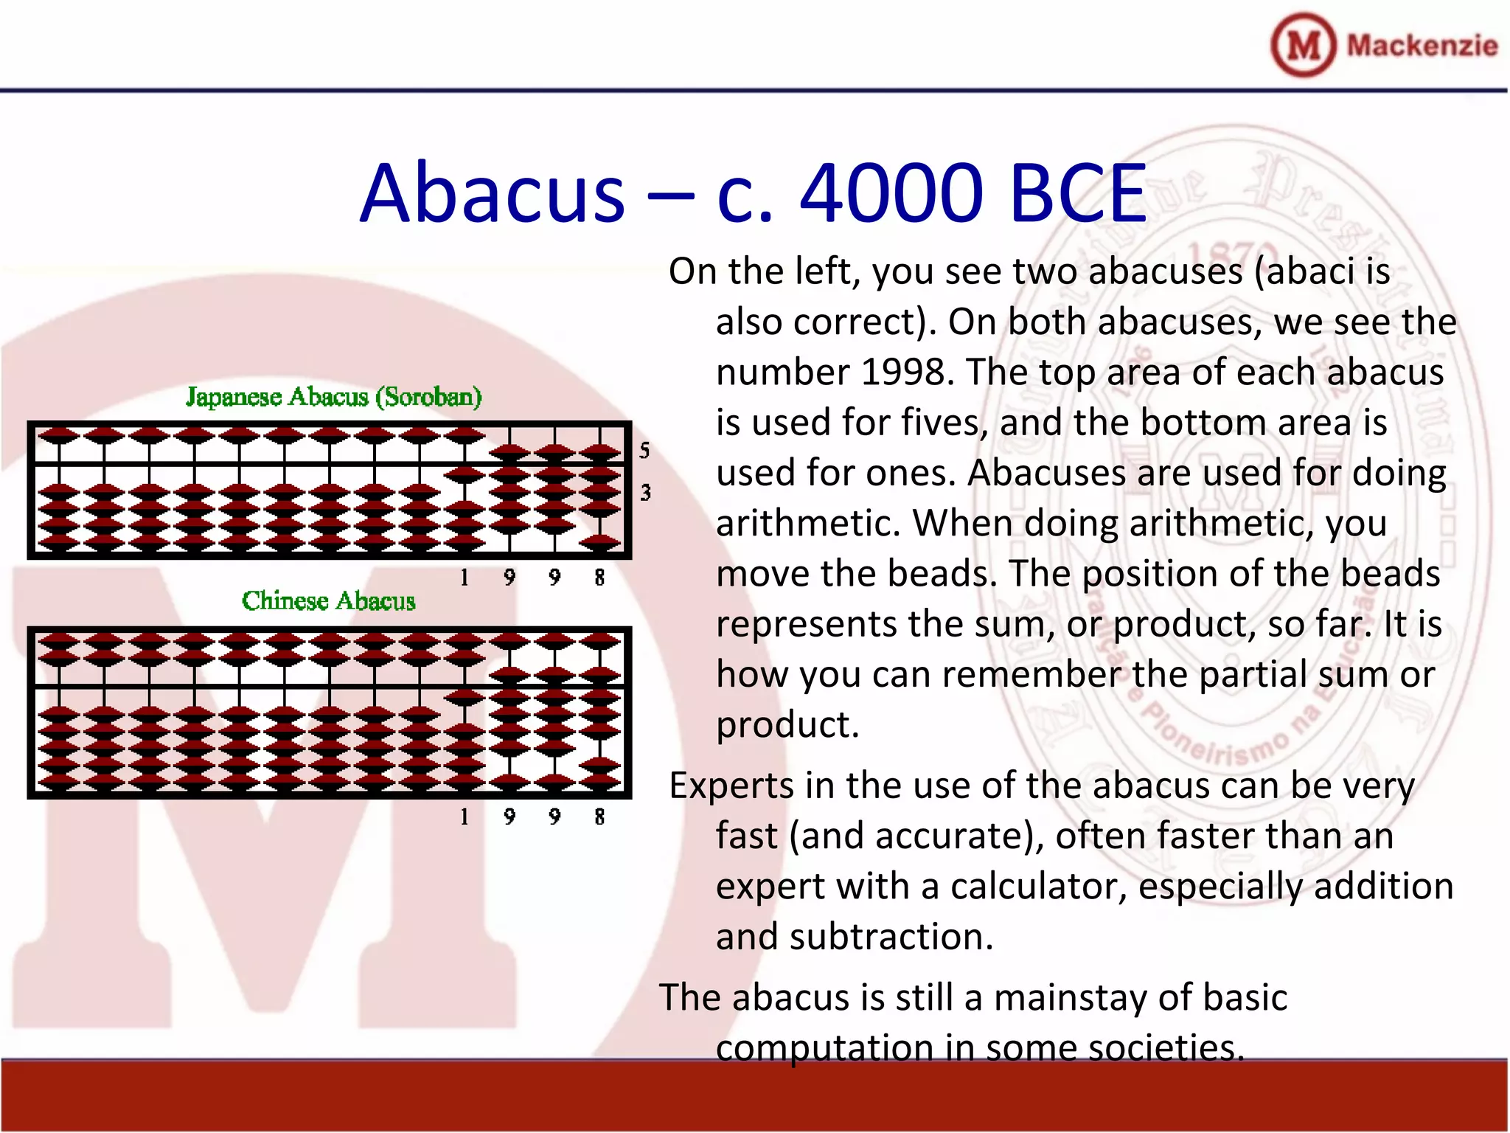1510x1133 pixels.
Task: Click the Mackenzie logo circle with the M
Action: click(x=1303, y=45)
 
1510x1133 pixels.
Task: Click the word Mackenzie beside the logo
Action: click(x=1422, y=46)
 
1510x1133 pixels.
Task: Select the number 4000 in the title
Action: click(x=891, y=193)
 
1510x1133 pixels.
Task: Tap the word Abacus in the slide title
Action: click(x=492, y=193)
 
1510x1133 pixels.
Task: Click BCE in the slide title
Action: click(x=1077, y=193)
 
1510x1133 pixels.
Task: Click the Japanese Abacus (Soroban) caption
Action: click(x=333, y=397)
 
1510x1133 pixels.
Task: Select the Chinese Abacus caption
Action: click(x=328, y=600)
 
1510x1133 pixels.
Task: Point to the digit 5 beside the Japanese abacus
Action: click(x=644, y=450)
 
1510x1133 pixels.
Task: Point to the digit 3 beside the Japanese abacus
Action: click(x=645, y=492)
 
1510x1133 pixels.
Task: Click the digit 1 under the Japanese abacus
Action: click(x=465, y=577)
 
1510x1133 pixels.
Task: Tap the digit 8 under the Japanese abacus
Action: click(x=599, y=577)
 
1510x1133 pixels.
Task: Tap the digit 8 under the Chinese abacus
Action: click(x=599, y=817)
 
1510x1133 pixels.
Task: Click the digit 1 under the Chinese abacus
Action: click(x=465, y=817)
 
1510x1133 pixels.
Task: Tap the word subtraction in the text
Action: click(x=891, y=937)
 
